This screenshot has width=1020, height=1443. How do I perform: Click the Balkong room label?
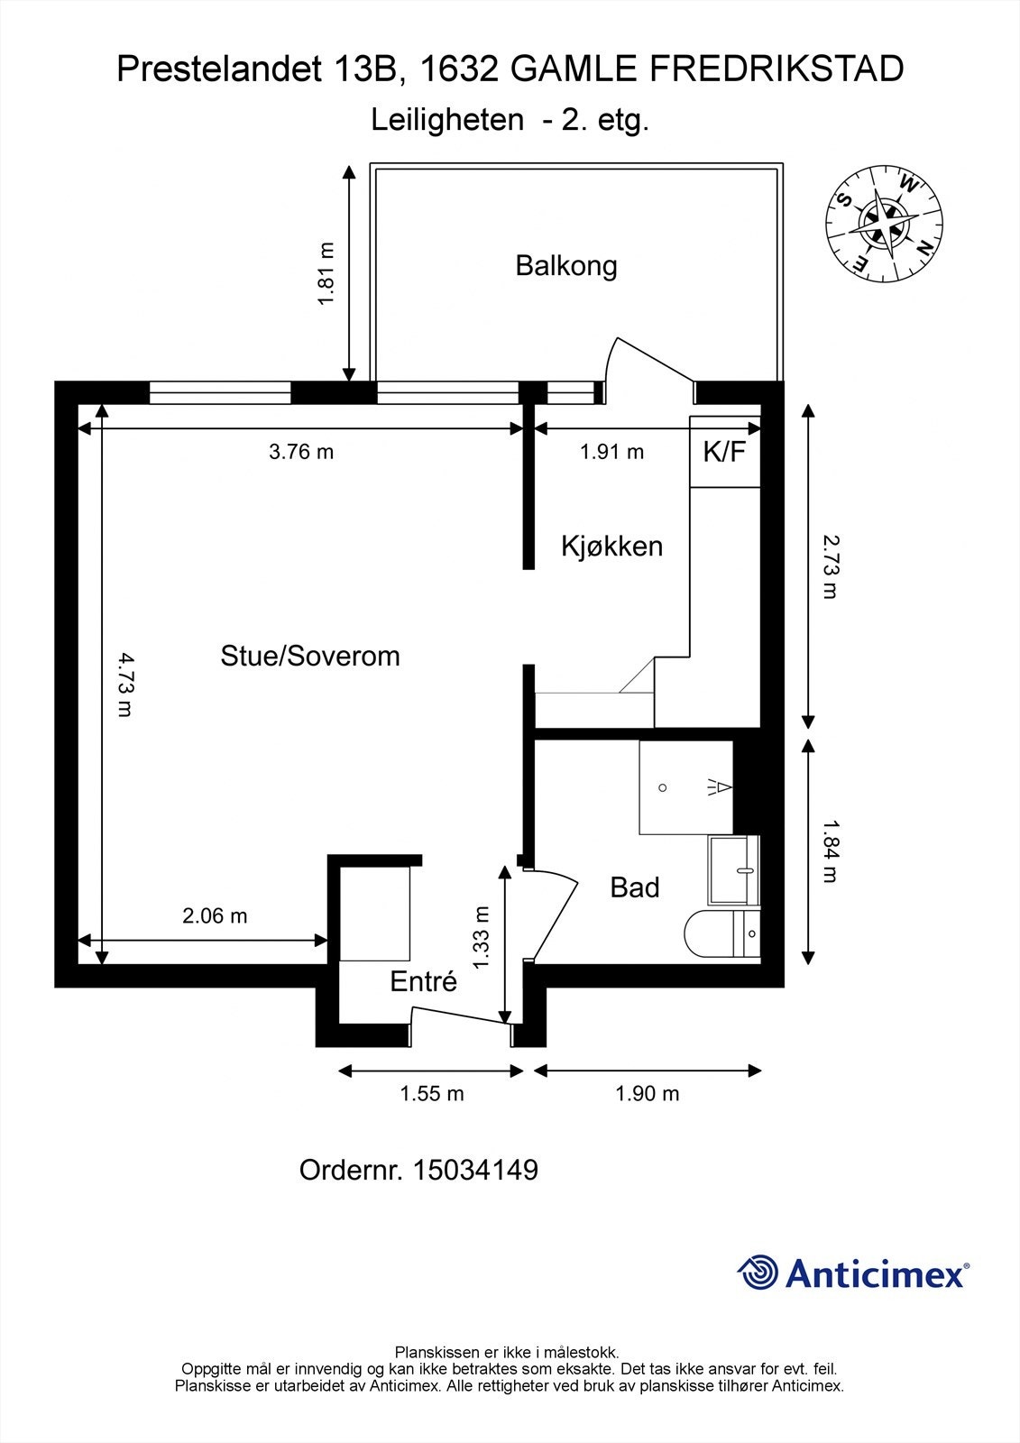[566, 266]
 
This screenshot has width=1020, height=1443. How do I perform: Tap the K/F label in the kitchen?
[725, 452]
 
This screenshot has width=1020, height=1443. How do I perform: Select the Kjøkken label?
[611, 546]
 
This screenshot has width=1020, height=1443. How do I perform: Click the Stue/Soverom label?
[310, 656]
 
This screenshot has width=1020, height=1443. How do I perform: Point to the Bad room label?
[635, 887]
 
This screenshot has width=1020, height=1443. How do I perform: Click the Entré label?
[423, 981]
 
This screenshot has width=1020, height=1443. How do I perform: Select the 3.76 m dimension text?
[301, 452]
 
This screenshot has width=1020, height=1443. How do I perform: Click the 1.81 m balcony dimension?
[326, 273]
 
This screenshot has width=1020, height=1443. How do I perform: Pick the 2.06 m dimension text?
[215, 916]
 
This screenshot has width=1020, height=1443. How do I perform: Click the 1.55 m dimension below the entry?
[432, 1094]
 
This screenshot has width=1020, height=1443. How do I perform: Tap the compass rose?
[884, 223]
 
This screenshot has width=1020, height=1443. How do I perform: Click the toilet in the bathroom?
[721, 934]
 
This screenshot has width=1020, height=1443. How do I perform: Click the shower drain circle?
[663, 787]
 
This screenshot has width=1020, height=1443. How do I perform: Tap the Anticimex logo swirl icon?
[758, 1272]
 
